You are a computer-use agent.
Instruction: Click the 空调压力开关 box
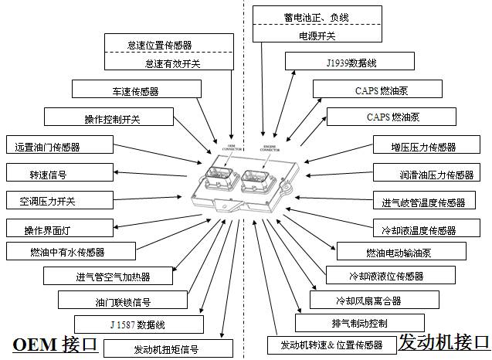point(48,202)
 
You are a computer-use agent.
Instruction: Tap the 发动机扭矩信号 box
point(166,349)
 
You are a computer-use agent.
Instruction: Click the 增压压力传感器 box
point(423,147)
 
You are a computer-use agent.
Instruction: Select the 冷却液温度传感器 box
point(419,230)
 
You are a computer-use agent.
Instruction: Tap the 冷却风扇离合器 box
point(368,301)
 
